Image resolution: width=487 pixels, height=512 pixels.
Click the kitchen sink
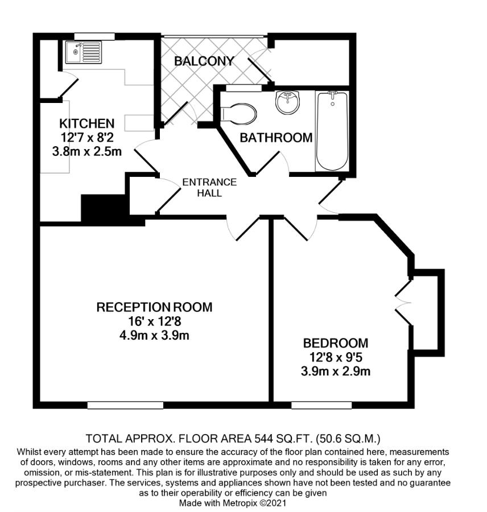coord(83,52)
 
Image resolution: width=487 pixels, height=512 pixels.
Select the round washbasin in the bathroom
coord(287,102)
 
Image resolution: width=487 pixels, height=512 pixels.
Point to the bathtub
coord(332,131)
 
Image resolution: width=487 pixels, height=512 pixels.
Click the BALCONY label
coord(204,61)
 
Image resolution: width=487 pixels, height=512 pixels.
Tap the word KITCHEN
coord(87,123)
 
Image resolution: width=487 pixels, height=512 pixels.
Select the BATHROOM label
coord(276,138)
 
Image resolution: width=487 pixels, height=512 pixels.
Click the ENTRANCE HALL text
coord(209,187)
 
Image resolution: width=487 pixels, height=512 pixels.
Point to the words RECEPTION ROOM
coord(155,307)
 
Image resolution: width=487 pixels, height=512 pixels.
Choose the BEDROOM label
coord(336,343)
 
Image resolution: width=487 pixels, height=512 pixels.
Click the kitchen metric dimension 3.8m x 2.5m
coord(87,151)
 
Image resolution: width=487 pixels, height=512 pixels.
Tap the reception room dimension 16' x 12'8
coord(155,321)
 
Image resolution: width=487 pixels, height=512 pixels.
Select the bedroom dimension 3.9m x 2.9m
coord(336,371)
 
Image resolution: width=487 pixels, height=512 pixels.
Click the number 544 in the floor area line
coord(263,438)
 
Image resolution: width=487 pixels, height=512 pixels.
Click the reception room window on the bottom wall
coord(125,405)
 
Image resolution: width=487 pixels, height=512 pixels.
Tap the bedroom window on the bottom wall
coord(321,405)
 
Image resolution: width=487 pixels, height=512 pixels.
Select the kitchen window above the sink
coord(94,36)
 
